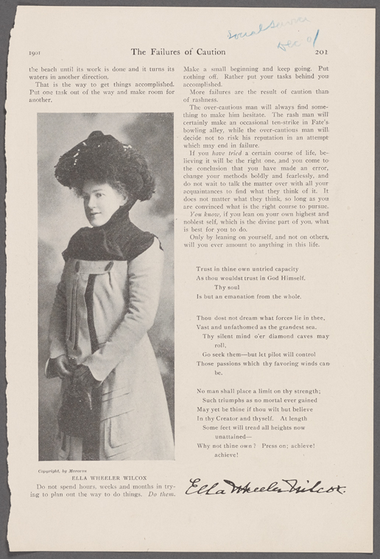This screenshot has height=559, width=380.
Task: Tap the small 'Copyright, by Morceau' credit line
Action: point(62,469)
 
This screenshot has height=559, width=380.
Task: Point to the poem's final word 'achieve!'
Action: point(228,455)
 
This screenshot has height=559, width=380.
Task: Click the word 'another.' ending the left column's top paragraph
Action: point(40,99)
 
